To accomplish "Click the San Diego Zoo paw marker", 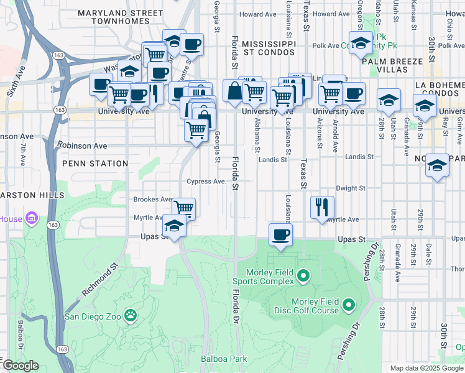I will [x=131, y=316].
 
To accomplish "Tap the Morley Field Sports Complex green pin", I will [x=303, y=275].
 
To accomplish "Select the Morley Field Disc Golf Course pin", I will [x=348, y=305].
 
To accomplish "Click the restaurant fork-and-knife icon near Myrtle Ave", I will [x=322, y=207].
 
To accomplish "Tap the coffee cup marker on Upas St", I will [x=280, y=235].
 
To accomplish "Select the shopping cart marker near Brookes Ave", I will [x=183, y=208].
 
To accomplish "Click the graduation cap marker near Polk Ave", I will [x=361, y=43].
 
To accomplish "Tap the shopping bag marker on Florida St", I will [x=234, y=91].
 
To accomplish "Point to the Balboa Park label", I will [x=224, y=359].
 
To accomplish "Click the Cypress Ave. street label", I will [x=206, y=182].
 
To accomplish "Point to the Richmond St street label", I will [x=99, y=282].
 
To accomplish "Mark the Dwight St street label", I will [x=350, y=188].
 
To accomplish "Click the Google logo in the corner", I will [x=20, y=366].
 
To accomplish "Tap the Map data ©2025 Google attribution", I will [x=426, y=368].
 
